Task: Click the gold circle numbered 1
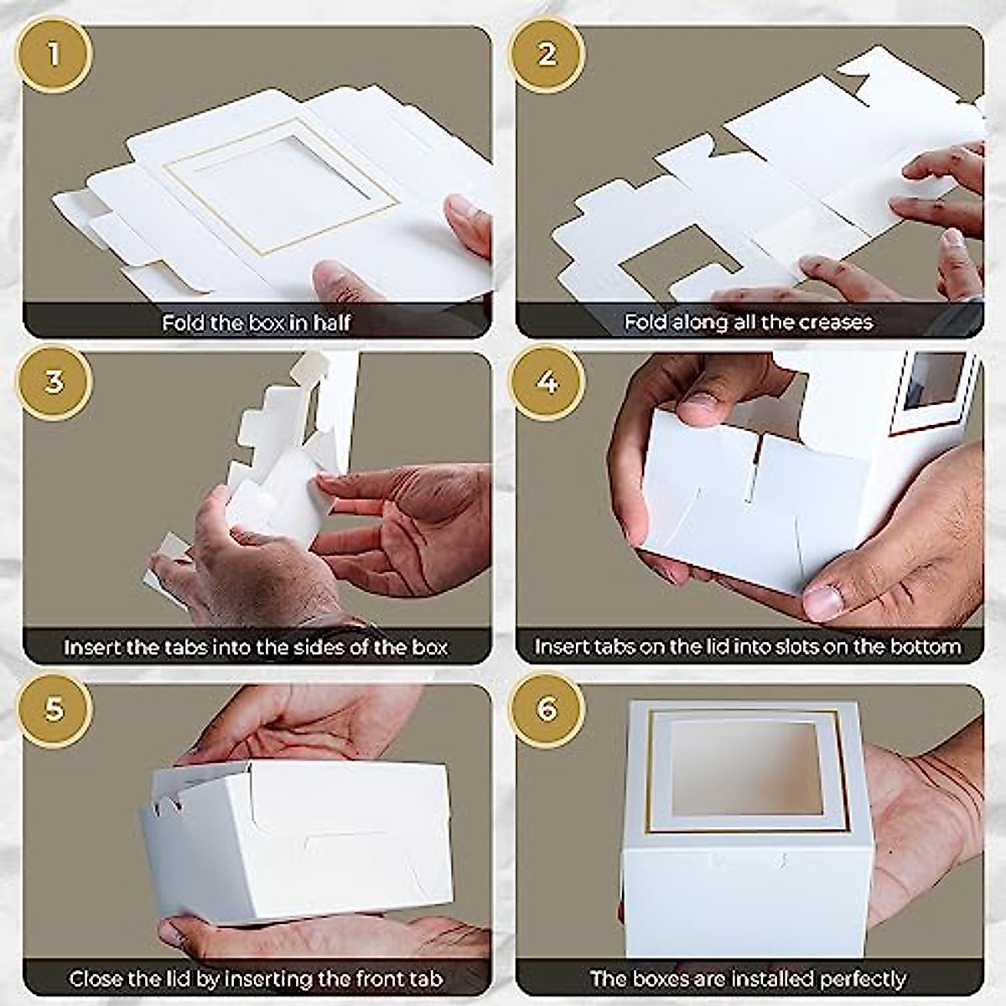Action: (54, 55)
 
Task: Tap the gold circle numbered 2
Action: (547, 55)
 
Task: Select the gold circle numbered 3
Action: (54, 382)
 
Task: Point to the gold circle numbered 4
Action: (547, 382)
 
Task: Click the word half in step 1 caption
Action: (331, 323)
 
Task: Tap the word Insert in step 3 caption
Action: (93, 647)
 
